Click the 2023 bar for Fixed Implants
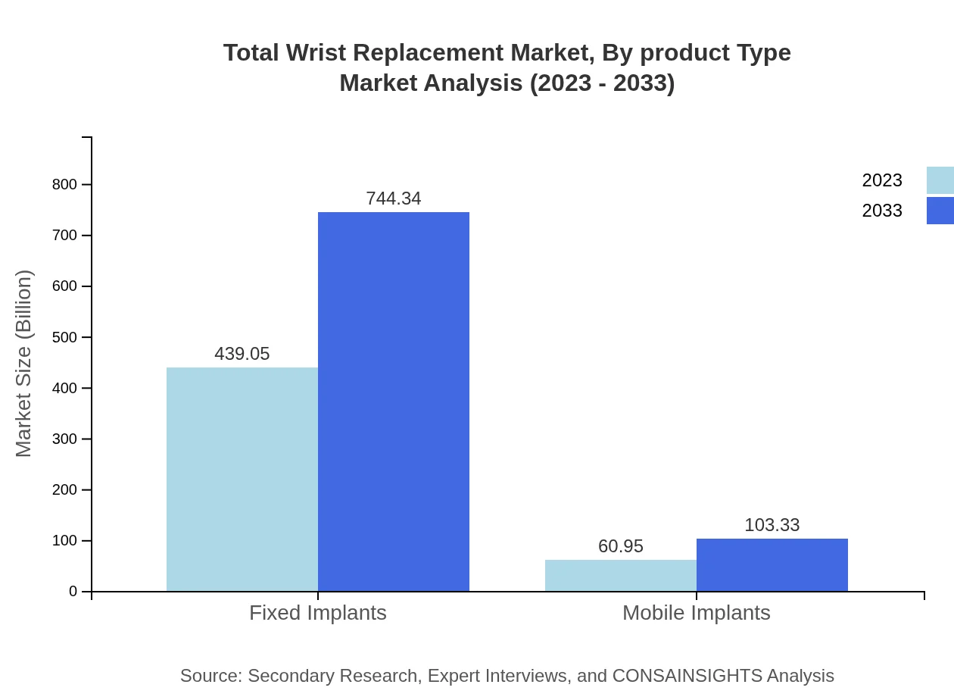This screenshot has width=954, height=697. coord(242,479)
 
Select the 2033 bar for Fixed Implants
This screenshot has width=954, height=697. coord(394,402)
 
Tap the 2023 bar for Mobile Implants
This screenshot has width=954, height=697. coord(621,576)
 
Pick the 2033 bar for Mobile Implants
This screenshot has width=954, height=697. coord(772,565)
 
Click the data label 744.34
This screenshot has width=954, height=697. coord(394,198)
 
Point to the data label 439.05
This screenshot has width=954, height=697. coord(242,354)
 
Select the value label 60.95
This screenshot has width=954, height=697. coord(621,546)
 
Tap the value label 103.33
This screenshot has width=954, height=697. coord(772,525)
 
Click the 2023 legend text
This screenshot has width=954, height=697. coord(882,180)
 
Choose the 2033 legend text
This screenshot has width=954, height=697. coord(882,211)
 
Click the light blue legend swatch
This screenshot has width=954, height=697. coord(940,180)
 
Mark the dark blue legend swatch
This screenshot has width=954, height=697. coord(940,211)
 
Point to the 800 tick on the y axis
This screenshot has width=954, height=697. coord(65,184)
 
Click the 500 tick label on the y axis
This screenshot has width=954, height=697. coord(65,337)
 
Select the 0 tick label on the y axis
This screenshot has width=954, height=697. coord(73,591)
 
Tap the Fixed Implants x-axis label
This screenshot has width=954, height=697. coord(318,612)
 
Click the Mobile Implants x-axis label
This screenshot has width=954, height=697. coord(697,612)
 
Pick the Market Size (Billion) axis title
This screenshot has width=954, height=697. coord(23,364)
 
